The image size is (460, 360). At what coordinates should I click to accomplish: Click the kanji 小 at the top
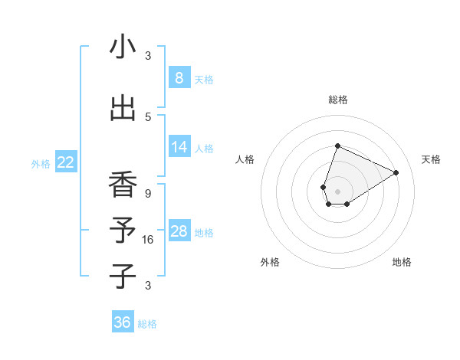click(x=123, y=47)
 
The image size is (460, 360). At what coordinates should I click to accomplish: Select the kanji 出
click(x=123, y=108)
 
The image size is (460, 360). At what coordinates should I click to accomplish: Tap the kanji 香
click(x=123, y=185)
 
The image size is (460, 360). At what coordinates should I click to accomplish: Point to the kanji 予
click(x=123, y=231)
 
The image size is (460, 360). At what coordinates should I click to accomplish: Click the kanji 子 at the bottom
click(x=123, y=276)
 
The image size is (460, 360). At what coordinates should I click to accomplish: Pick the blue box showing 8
click(x=179, y=77)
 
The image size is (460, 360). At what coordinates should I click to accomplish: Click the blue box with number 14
click(x=179, y=147)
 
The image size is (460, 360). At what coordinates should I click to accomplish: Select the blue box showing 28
click(x=179, y=231)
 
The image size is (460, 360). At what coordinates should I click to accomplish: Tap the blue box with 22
click(x=66, y=162)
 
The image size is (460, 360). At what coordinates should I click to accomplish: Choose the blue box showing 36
click(x=123, y=322)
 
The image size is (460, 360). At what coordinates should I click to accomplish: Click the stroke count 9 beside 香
click(x=148, y=193)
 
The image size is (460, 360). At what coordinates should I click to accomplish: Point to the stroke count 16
click(x=148, y=239)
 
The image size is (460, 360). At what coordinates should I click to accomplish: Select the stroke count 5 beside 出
click(x=148, y=116)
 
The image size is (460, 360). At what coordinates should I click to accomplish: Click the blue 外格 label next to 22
click(x=41, y=163)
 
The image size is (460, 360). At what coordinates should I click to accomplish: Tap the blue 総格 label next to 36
click(x=147, y=323)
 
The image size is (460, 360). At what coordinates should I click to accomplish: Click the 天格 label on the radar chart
click(x=431, y=159)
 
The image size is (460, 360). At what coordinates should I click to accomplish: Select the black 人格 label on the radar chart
click(x=245, y=159)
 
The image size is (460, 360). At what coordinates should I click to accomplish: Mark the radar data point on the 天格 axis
click(x=396, y=172)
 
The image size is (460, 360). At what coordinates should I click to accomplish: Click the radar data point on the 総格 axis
click(x=337, y=146)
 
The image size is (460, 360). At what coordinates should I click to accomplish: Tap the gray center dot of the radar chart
click(x=337, y=191)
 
